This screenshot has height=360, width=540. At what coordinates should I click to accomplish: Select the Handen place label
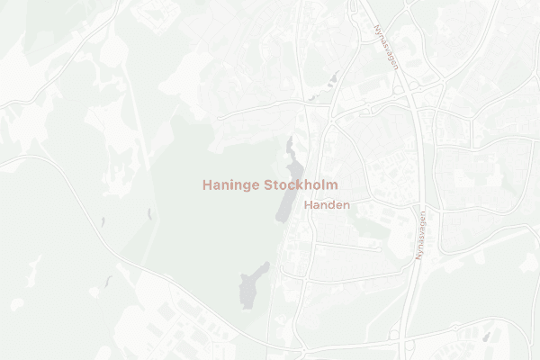coord(327,205)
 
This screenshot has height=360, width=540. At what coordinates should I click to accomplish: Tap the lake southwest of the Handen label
coord(252,286)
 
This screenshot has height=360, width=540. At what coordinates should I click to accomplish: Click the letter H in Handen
coord(309,205)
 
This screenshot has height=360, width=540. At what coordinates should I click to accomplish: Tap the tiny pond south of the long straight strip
coord(148,213)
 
